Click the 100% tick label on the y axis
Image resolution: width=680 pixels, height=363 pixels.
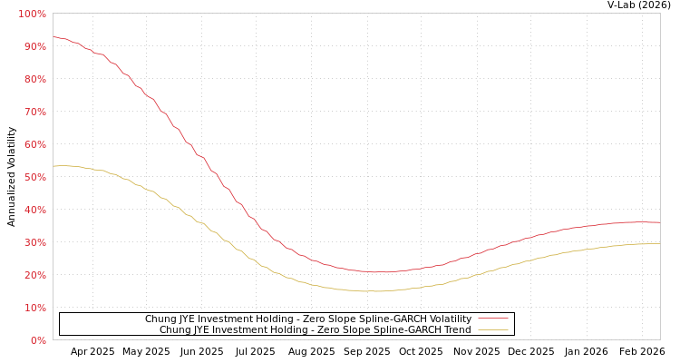point(32,14)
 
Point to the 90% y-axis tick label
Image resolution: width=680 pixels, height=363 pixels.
point(34,46)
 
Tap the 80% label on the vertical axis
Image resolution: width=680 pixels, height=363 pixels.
point(34,79)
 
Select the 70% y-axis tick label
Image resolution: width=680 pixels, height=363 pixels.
point(34,112)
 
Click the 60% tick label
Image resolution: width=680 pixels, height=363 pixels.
point(34,144)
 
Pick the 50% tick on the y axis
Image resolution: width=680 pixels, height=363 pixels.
point(34,177)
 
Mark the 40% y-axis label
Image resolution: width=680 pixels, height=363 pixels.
point(34,210)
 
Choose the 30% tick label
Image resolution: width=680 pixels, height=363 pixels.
point(34,242)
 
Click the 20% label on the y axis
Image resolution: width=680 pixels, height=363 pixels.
point(34,275)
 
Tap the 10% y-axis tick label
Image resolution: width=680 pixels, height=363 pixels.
point(34,308)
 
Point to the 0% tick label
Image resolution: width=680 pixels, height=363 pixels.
point(38,340)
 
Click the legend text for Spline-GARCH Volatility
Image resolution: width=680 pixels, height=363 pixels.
point(308,319)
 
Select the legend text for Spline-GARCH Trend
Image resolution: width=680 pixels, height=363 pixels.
point(315,329)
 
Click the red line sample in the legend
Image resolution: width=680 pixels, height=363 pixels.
point(493,319)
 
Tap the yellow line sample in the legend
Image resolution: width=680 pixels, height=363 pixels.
point(493,329)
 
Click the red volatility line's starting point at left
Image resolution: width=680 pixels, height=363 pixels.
point(53,37)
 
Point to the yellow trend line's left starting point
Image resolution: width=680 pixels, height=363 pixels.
point(53,166)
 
